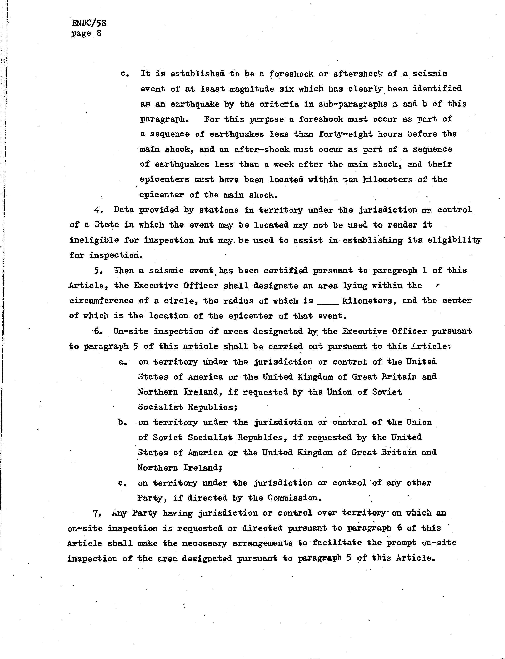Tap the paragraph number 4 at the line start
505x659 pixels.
click(x=97, y=210)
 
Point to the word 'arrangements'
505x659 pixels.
click(x=262, y=543)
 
